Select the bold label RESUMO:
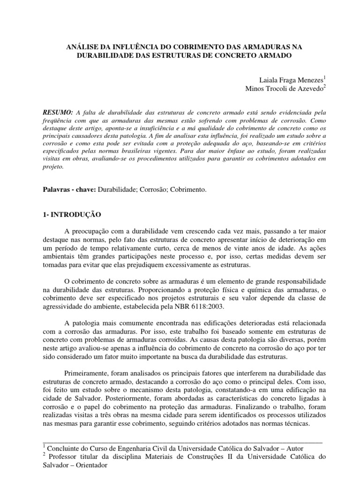pyautogui.click(x=58, y=113)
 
